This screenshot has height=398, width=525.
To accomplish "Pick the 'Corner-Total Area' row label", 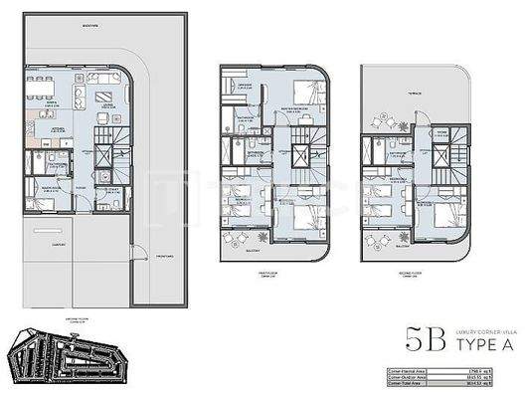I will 409,381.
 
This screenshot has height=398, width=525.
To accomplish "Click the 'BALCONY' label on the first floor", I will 238,251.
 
